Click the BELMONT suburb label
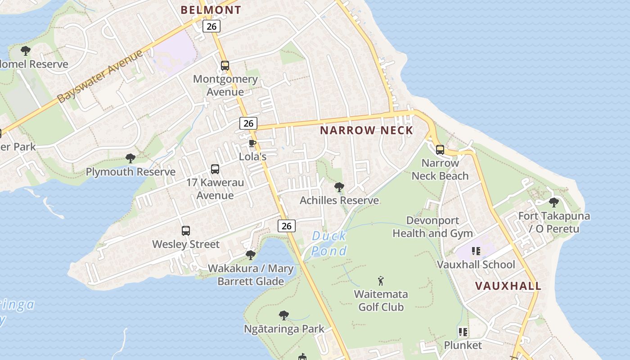211,9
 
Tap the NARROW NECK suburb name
366,130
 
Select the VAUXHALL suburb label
508,286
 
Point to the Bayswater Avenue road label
100,76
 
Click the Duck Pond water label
329,243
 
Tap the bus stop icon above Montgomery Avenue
225,66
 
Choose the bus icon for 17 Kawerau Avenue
215,169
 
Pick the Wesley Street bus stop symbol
186,231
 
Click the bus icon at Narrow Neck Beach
440,150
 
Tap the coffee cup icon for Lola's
252,143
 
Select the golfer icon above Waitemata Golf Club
381,281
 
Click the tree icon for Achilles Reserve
339,187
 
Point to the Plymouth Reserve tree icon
130,158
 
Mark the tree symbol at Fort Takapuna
554,202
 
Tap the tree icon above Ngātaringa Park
283,315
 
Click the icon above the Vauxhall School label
476,251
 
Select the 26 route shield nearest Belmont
211,26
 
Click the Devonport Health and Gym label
432,227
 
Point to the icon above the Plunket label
463,332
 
